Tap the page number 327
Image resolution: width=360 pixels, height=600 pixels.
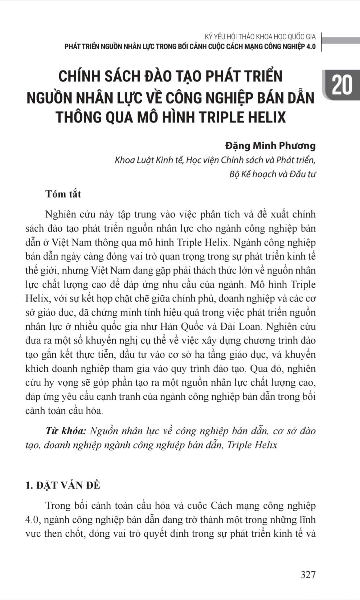(x=308, y=574)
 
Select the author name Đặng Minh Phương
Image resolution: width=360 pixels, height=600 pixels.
(x=270, y=146)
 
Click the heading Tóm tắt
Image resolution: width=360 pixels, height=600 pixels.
(x=63, y=194)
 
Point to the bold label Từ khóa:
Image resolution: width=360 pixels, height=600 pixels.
(x=66, y=431)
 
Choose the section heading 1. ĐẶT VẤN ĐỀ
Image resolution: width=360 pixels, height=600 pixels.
(x=63, y=485)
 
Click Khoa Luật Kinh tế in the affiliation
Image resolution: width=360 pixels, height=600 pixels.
(x=149, y=160)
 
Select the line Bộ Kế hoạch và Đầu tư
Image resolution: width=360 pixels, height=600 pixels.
(x=272, y=174)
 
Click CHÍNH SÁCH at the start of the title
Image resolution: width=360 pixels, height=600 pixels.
(x=99, y=76)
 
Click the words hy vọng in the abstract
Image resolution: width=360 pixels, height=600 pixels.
(x=60, y=383)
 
